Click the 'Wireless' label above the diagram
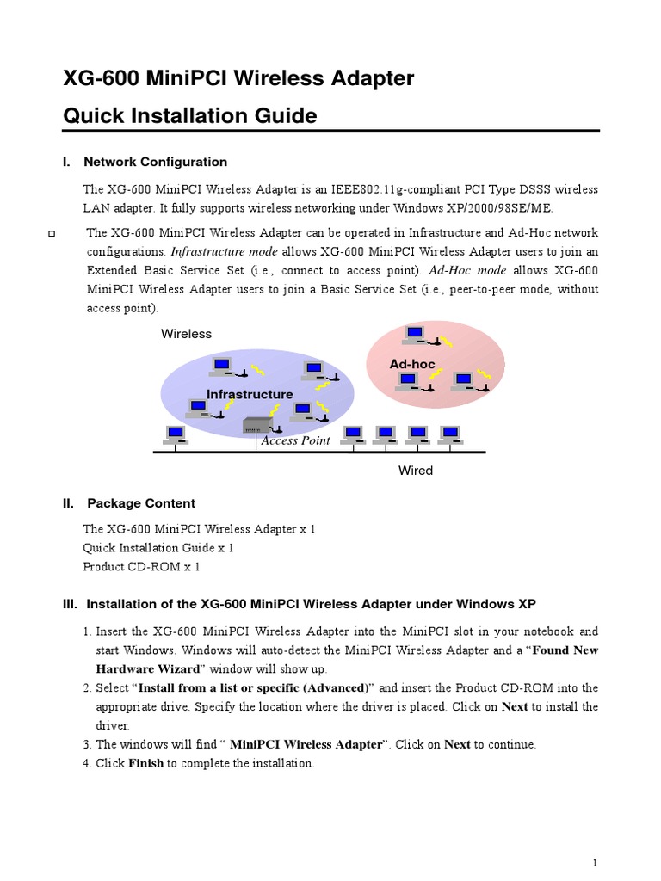[186, 334]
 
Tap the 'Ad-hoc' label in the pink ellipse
[412, 364]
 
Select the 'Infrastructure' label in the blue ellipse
[250, 394]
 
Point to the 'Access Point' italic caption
[295, 440]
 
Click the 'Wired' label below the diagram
[415, 471]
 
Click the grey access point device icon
[258, 424]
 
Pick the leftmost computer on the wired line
[175, 434]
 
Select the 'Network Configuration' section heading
[155, 162]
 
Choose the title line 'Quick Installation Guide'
[190, 115]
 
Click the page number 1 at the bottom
[595, 863]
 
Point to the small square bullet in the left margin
[51, 234]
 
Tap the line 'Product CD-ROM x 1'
[141, 567]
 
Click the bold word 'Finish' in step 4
[145, 763]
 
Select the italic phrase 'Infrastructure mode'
[225, 252]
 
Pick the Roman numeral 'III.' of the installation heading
[71, 603]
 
